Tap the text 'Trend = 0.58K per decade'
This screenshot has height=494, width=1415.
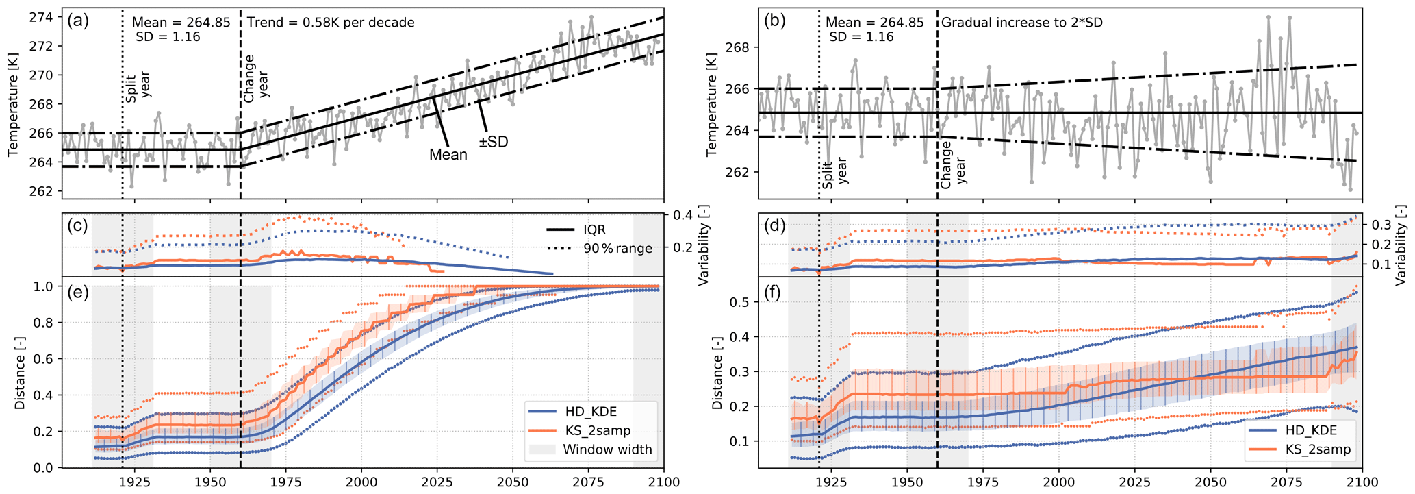[331, 23]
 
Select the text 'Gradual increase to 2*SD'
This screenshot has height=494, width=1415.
[1022, 23]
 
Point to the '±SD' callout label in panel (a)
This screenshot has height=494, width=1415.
[493, 143]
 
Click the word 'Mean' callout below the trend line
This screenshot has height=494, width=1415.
[448, 155]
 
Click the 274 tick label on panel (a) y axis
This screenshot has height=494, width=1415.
[43, 17]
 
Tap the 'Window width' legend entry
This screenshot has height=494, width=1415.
[607, 449]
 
